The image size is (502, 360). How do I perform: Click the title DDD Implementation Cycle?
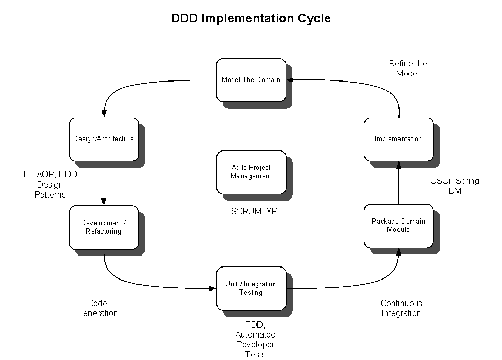251,18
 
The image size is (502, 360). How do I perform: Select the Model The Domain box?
251,80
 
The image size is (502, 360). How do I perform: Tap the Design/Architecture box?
104,139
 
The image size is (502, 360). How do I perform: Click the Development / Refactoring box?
104,227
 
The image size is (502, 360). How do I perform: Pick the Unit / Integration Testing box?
251,288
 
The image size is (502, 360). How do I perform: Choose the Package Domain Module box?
398,226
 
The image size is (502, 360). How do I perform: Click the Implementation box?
398,139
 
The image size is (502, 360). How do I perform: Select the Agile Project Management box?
251,172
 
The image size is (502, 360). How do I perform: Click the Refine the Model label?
408,68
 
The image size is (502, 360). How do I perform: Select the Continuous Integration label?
401,308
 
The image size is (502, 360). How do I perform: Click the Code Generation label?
97,308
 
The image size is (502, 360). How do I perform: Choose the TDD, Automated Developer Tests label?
255,340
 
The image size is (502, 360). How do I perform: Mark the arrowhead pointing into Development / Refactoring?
104,202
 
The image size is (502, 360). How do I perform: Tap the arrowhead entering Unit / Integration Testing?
213,288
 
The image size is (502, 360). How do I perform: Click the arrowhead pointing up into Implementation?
398,165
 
